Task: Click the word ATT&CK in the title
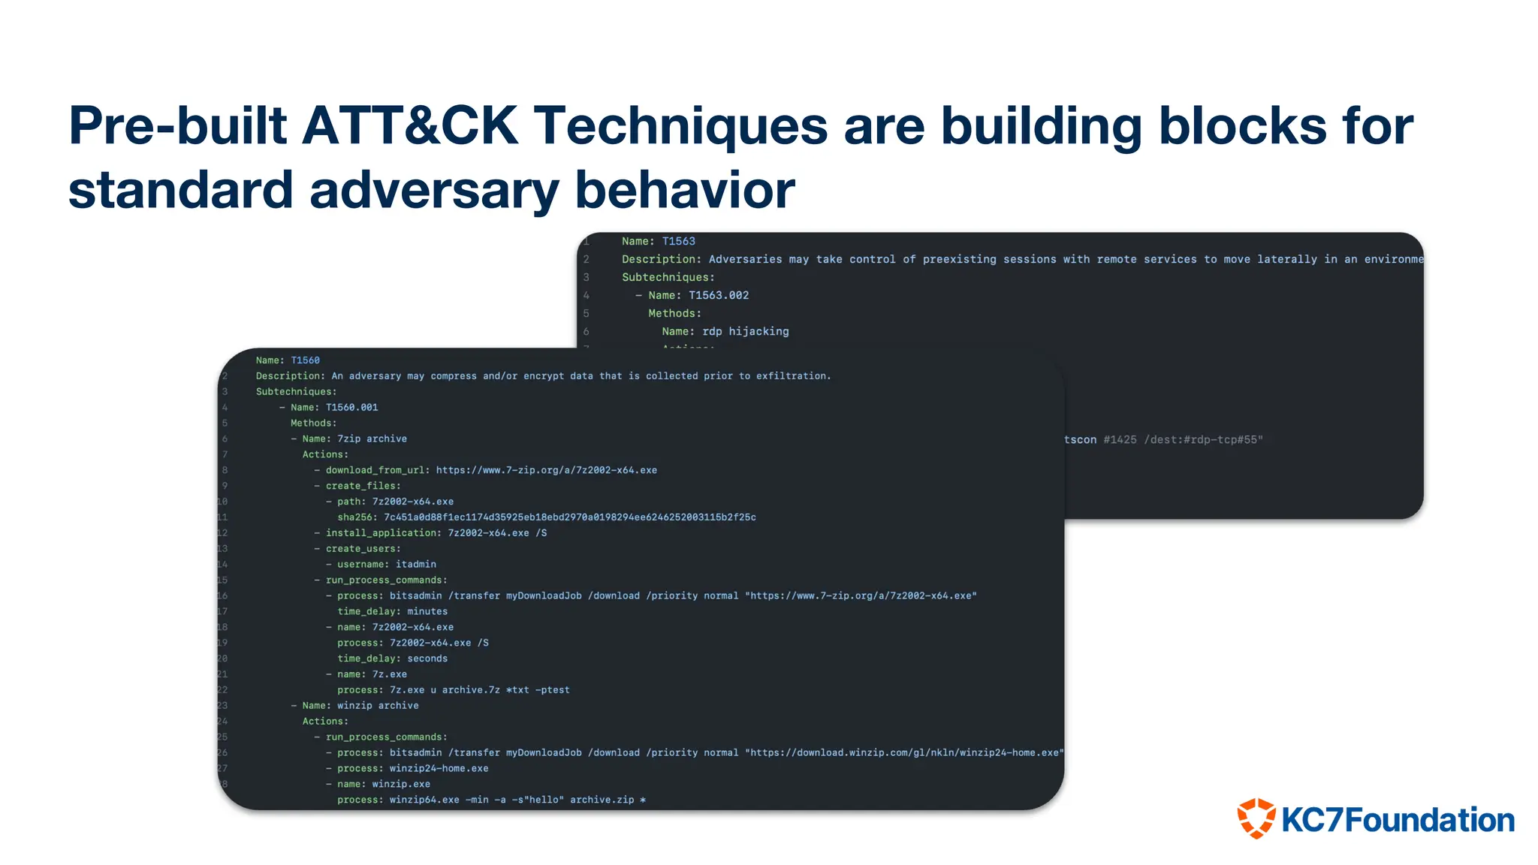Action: point(410,125)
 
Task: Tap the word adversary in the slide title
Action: point(434,189)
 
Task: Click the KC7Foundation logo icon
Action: point(1256,818)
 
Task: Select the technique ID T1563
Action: point(678,241)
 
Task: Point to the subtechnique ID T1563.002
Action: point(719,295)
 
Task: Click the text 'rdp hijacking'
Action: point(745,331)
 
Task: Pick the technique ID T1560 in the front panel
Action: point(305,360)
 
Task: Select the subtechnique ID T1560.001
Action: point(351,408)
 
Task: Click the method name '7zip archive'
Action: point(372,439)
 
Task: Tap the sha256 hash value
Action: point(569,517)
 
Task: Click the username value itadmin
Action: point(415,565)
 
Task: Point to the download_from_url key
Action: point(376,471)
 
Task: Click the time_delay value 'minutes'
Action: point(427,612)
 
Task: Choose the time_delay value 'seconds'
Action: point(427,659)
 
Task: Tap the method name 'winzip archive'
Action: point(378,706)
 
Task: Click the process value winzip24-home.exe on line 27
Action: point(439,769)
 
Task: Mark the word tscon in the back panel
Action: point(1080,440)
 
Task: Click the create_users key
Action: point(362,549)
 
